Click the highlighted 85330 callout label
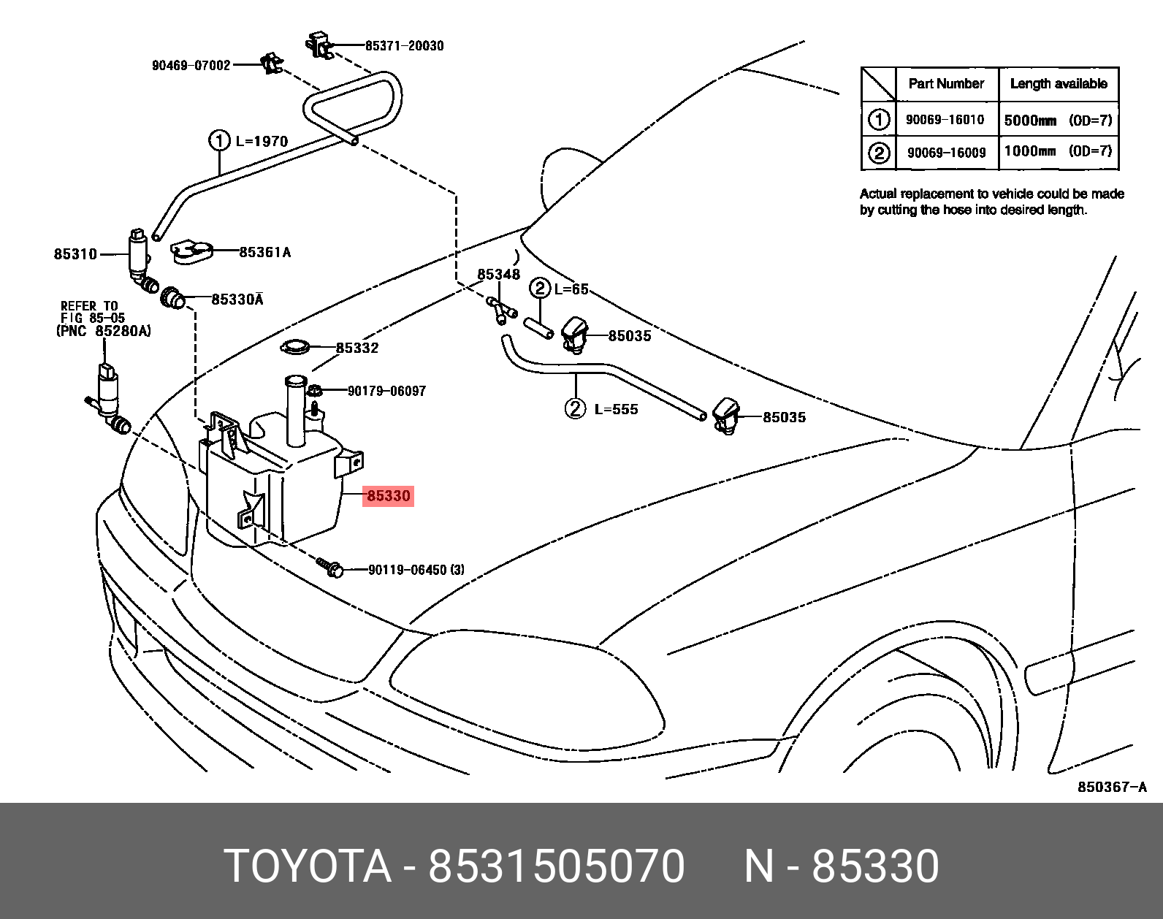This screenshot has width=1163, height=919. coord(389,496)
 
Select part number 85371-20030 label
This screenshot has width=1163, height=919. coord(404,45)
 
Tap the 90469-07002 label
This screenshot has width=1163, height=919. coord(191,65)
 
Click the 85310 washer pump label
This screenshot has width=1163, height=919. coord(75,254)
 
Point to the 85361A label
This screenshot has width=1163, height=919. coord(264,253)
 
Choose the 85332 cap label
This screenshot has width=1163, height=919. coord(357,348)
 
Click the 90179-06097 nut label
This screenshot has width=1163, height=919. coord(386,391)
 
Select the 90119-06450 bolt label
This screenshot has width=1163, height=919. coord(416,570)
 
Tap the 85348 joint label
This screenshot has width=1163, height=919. coord(498,275)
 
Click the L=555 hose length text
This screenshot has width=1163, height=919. coord(616,410)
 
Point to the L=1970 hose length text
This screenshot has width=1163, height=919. coord(262,141)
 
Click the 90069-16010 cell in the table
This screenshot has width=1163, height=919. coord(945,120)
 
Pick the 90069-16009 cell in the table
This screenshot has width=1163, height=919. coord(946,153)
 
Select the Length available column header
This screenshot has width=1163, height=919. coord(1058,84)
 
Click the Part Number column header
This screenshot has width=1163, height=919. coord(946,84)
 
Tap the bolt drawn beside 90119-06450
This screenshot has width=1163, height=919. coord(329,567)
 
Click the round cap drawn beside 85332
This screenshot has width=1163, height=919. coord(295,348)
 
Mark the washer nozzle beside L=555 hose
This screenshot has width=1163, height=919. coord(726,416)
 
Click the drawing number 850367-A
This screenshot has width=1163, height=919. coord(1112,787)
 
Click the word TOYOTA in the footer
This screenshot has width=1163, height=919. coord(308,866)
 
